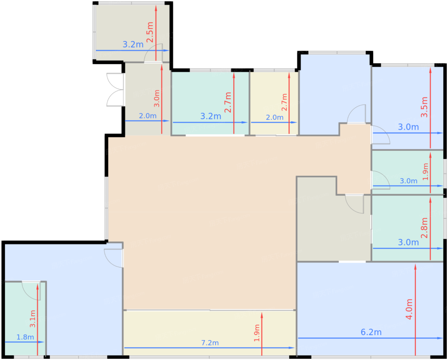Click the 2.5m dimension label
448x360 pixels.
click(x=150, y=32)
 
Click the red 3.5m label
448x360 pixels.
click(x=424, y=107)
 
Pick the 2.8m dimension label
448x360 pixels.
click(x=424, y=228)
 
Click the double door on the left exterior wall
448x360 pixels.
click(x=115, y=90)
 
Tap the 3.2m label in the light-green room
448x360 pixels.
click(x=211, y=116)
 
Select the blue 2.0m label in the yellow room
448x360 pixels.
click(x=275, y=117)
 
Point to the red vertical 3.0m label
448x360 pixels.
click(x=156, y=98)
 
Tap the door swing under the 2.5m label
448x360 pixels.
click(x=153, y=53)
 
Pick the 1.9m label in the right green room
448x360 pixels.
click(x=426, y=171)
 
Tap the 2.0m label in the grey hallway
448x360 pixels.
click(x=148, y=116)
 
